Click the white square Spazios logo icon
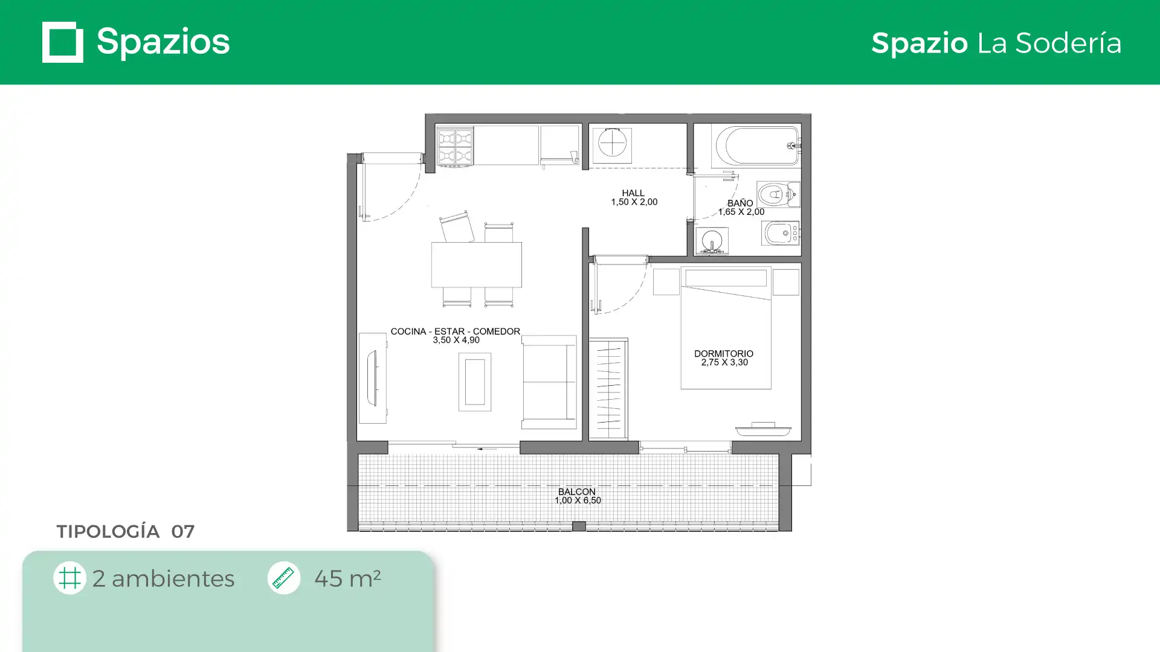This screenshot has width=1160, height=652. (x=63, y=42)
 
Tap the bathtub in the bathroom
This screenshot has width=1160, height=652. (x=756, y=145)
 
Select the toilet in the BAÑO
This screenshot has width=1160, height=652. (x=778, y=194)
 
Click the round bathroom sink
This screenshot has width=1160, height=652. (x=712, y=241)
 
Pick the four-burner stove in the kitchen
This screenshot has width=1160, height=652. (x=455, y=145)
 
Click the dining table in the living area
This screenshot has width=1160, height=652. (x=477, y=264)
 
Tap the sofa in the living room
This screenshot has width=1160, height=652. (x=549, y=382)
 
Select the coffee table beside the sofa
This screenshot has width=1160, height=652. (x=475, y=382)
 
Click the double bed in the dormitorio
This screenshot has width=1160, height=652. (x=726, y=328)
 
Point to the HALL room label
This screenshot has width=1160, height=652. (x=633, y=193)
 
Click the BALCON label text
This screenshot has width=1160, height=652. (x=577, y=492)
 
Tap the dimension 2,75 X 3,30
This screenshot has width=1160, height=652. (x=724, y=362)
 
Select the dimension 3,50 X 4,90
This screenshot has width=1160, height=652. (x=456, y=340)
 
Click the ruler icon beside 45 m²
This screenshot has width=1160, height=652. (x=284, y=578)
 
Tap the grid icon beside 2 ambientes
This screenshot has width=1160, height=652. (x=69, y=578)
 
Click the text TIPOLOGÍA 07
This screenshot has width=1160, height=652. (x=126, y=531)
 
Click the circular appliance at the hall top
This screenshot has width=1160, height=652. (x=612, y=144)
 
